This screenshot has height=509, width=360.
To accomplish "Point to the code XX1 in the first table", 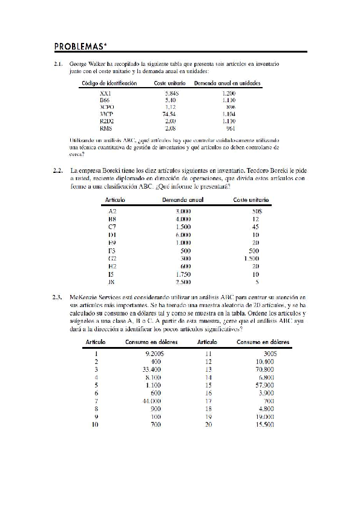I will [x=105, y=94].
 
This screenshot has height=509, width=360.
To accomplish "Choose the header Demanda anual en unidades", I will [x=223, y=83].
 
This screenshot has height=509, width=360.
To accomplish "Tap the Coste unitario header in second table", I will [x=250, y=199].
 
